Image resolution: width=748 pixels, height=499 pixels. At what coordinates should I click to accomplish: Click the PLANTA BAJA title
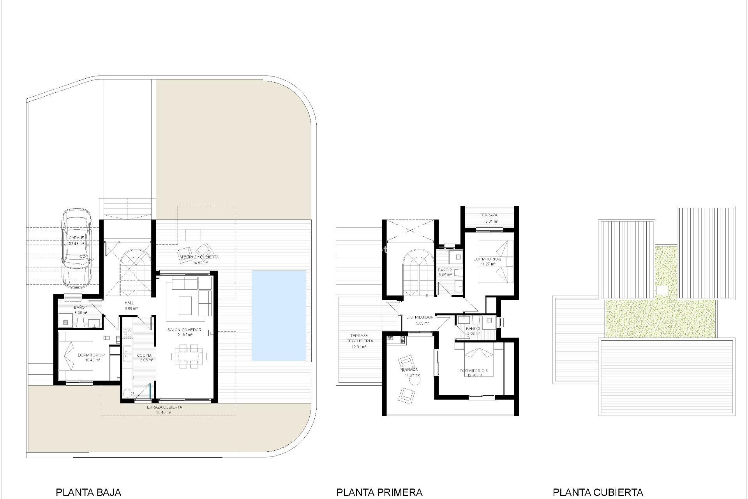[88, 492]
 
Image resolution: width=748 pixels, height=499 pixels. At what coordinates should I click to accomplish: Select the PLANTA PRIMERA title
[379, 492]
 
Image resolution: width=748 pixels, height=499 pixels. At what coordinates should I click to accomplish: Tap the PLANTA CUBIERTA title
[598, 492]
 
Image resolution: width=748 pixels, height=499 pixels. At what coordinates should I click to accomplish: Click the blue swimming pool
[279, 315]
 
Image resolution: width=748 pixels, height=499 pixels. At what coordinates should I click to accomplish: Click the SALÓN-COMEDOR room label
[184, 330]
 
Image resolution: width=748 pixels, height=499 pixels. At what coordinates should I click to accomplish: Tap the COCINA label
[144, 355]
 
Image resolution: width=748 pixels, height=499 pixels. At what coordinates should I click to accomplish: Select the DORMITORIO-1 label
[92, 355]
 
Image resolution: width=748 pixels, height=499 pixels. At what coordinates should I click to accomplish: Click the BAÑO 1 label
[81, 307]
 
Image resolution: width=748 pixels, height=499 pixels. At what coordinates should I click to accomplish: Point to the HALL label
[129, 303]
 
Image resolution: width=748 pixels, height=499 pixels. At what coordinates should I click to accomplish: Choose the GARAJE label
[76, 237]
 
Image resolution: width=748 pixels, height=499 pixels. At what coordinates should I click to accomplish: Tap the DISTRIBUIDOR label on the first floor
[420, 317]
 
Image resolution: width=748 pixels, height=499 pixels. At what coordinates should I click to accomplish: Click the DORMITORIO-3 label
[474, 370]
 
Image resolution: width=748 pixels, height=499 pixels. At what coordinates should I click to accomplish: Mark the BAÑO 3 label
[473, 329]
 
